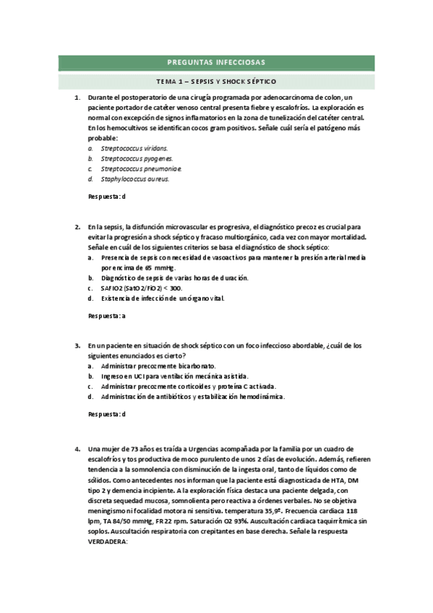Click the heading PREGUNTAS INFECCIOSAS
click(x=216, y=62)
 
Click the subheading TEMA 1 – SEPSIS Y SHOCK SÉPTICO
click(x=216, y=81)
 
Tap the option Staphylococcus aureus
click(x=134, y=179)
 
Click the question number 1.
click(x=77, y=97)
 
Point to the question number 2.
click(x=77, y=226)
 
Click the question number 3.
click(x=77, y=346)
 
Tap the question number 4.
click(x=77, y=450)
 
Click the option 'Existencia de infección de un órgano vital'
click(x=163, y=298)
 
